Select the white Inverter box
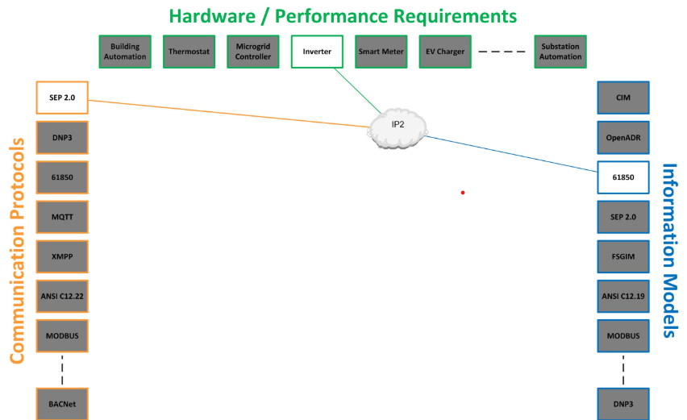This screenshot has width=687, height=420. point(316,52)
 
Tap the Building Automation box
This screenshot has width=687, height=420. point(125,52)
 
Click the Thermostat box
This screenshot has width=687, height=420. point(189,52)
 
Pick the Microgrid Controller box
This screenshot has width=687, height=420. point(252,52)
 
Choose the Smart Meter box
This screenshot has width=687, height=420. point(381,52)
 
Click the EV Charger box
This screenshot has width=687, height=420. point(445,52)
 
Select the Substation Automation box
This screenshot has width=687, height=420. point(560,52)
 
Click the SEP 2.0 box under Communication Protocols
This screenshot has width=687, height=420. point(62,97)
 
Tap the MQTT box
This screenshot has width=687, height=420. point(62,217)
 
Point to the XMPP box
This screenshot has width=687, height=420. point(62,256)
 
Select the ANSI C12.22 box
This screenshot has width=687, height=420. point(62,296)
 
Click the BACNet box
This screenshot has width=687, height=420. point(62,402)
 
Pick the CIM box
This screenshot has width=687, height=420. point(622,97)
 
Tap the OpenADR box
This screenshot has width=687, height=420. point(622,137)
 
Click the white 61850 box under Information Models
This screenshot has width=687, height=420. point(622,177)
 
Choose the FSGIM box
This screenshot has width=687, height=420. point(622,256)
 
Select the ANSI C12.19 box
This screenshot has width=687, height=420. point(622,296)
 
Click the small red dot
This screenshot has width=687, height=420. point(463,193)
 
